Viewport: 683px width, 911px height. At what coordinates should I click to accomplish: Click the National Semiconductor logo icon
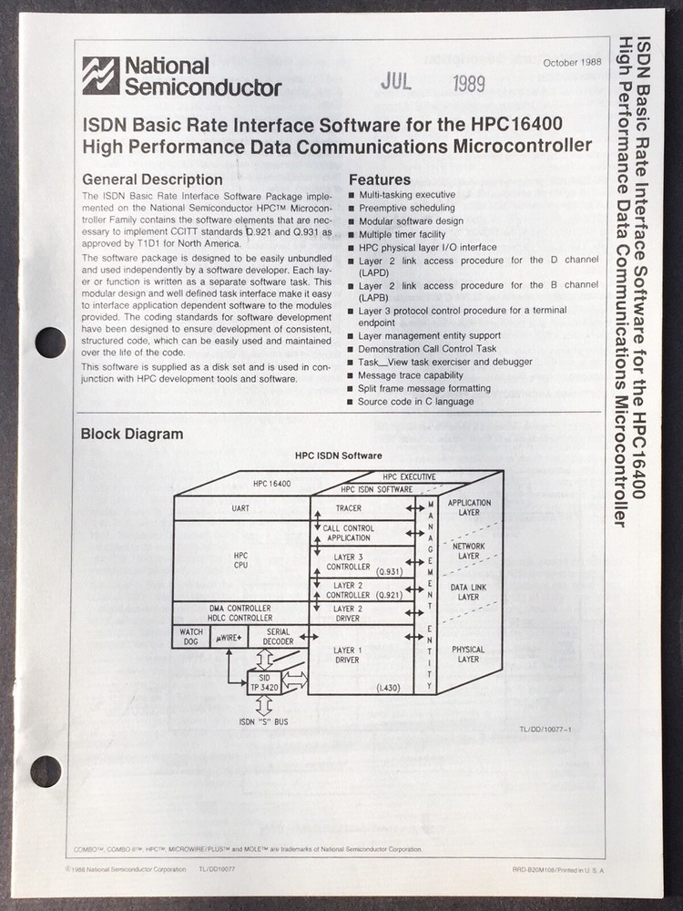coord(100,76)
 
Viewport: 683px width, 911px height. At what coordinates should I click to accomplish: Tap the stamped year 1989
coord(468,84)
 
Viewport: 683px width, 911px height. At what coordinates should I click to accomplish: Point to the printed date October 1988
coord(572,63)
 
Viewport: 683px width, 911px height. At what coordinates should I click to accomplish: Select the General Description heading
coord(152,179)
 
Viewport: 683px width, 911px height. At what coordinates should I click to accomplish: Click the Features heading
coord(380,179)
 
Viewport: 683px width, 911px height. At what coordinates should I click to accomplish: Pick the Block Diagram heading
coord(132,434)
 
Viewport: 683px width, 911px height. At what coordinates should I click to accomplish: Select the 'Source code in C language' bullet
coord(415,401)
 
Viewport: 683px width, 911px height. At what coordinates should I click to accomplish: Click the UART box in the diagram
coord(242,507)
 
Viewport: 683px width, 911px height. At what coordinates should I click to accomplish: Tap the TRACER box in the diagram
coord(348,507)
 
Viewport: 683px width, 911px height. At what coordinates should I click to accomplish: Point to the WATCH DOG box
coord(191,637)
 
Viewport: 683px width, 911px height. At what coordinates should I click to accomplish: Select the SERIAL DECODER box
coord(278,637)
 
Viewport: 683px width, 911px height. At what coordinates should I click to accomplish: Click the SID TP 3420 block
coord(264,681)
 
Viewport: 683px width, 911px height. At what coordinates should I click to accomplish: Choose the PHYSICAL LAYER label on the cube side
coord(469,654)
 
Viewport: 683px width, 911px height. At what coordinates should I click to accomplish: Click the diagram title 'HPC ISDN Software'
coord(338,455)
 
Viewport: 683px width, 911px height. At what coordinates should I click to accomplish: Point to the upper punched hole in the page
coord(50,342)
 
